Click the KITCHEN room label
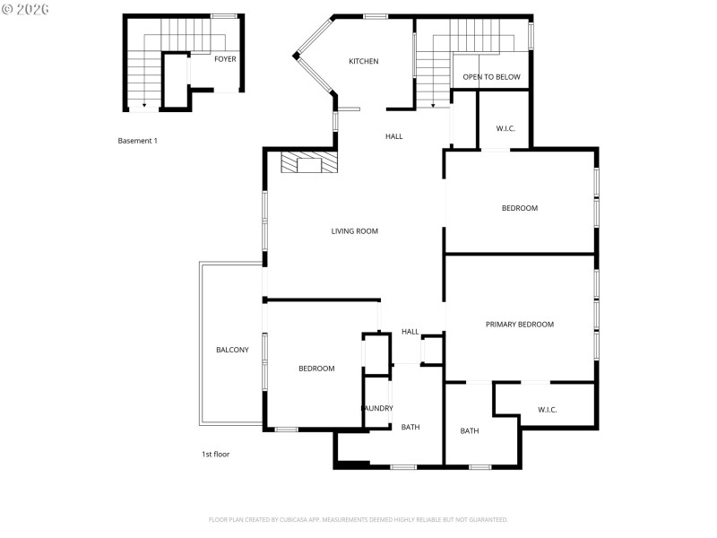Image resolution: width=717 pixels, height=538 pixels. click(x=364, y=62)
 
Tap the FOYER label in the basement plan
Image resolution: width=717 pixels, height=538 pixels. click(x=225, y=59)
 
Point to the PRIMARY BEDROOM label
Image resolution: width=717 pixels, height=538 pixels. click(x=520, y=325)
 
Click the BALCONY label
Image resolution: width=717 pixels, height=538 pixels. click(x=232, y=350)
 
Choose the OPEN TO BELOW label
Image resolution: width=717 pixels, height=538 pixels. click(x=491, y=77)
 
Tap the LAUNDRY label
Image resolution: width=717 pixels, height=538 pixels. click(x=377, y=409)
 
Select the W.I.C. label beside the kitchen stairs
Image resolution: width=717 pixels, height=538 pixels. click(x=505, y=128)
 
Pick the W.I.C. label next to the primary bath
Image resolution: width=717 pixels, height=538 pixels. click(x=548, y=410)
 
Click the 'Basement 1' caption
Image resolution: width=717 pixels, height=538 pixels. click(x=138, y=141)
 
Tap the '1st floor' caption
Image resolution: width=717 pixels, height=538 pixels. click(x=215, y=455)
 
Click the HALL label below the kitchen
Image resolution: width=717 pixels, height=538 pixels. click(x=394, y=137)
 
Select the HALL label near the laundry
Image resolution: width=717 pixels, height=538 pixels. click(x=410, y=332)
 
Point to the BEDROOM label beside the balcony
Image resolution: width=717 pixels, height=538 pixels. click(x=316, y=369)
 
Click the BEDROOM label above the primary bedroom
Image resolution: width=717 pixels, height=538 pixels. click(x=520, y=208)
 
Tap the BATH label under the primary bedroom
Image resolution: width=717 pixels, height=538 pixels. click(x=470, y=431)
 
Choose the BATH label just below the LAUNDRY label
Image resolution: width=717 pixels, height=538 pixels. click(x=410, y=427)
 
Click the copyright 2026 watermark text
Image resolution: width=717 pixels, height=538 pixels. click(x=27, y=9)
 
